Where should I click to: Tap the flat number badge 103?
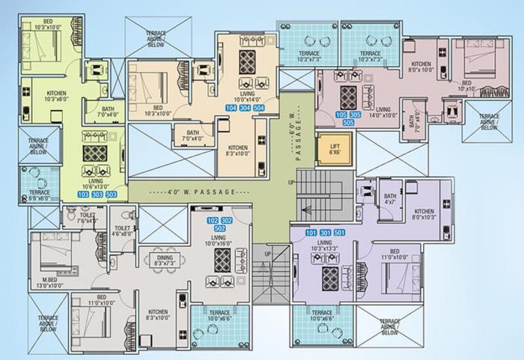click(82, 195)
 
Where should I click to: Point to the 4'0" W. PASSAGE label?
click(191, 192)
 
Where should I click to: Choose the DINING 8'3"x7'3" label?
click(164, 260)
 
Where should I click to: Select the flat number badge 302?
click(228, 220)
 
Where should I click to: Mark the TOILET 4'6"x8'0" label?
click(124, 230)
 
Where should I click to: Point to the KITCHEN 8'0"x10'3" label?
click(424, 214)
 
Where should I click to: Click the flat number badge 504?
click(259, 108)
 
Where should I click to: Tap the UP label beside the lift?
click(291, 182)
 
